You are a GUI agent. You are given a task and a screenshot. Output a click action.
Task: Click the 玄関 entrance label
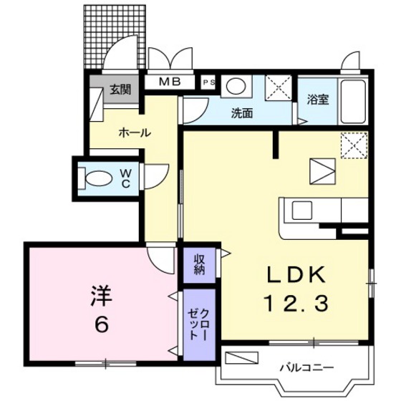(x=120, y=90)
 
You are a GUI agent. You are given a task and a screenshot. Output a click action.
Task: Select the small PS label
(x=210, y=82)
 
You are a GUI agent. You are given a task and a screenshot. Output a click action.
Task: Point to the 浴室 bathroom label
(x=318, y=100)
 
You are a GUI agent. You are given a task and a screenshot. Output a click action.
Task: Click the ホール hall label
(x=134, y=132)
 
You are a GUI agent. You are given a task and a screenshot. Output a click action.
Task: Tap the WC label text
(x=125, y=177)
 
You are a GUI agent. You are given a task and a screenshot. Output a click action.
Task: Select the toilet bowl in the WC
(x=95, y=177)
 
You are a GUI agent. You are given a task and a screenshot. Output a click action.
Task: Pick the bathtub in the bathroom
(x=353, y=100)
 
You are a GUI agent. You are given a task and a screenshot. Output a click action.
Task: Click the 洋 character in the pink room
(x=100, y=295)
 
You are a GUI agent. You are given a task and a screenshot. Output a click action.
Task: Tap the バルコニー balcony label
(x=306, y=368)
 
